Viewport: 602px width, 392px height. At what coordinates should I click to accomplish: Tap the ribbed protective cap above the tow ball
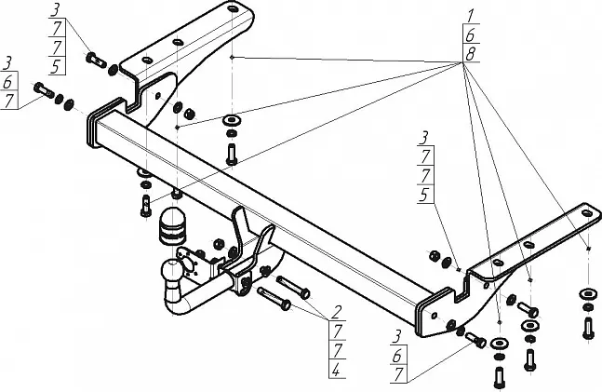tap(171, 227)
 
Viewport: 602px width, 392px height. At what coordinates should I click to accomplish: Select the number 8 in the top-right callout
tap(470, 55)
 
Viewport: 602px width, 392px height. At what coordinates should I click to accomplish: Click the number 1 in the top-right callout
tap(470, 16)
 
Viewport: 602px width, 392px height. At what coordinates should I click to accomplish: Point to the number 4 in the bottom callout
tap(336, 370)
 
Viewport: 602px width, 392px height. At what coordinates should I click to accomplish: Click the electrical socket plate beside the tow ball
tap(188, 262)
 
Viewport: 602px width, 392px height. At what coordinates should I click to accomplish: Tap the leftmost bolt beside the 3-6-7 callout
tap(44, 90)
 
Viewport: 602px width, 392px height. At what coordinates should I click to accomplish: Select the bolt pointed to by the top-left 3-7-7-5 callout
tap(96, 60)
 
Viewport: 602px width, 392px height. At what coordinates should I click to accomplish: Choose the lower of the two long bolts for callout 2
tap(274, 298)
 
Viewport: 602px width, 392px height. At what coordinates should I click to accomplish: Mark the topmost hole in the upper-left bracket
tap(233, 8)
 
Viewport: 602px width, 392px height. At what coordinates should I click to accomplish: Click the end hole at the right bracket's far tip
tap(586, 212)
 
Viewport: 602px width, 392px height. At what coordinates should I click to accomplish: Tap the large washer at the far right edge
tap(588, 294)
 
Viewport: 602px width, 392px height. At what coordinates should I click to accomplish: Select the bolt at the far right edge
tap(588, 328)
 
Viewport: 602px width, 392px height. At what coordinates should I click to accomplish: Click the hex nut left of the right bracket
tap(435, 255)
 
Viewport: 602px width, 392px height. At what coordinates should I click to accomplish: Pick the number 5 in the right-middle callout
tap(424, 195)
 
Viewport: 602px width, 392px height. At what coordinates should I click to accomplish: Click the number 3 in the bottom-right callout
tap(396, 337)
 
